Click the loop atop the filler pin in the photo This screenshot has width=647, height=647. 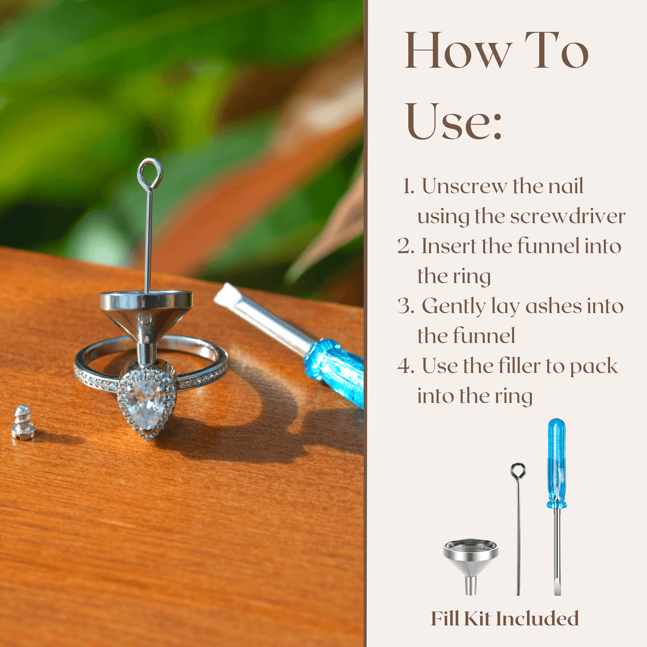[150, 174]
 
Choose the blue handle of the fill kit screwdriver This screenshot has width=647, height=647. [557, 463]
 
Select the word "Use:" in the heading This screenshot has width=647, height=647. [454, 121]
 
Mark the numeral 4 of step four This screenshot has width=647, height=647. [405, 367]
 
